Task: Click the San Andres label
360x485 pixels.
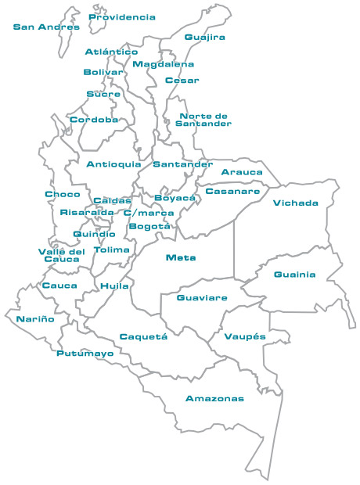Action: [x=46, y=27]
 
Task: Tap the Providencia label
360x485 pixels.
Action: [x=122, y=16]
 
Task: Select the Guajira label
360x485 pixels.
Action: [x=205, y=37]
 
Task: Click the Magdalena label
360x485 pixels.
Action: [x=163, y=64]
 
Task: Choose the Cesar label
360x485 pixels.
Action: [x=182, y=80]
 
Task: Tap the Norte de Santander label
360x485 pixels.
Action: [x=203, y=120]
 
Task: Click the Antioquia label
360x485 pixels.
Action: [x=114, y=164]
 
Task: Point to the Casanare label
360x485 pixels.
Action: [x=232, y=191]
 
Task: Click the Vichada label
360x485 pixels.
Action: [x=296, y=203]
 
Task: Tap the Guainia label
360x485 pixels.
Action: [x=295, y=275]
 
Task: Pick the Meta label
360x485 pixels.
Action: [x=181, y=257]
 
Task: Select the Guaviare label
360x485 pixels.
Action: [x=202, y=298]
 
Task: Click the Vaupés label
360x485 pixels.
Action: [x=245, y=336]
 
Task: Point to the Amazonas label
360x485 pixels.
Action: [x=214, y=399]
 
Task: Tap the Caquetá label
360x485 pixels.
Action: [x=143, y=336]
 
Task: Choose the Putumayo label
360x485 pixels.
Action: [x=85, y=354]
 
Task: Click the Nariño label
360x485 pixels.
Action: [x=35, y=319]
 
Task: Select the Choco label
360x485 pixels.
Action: [x=62, y=194]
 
